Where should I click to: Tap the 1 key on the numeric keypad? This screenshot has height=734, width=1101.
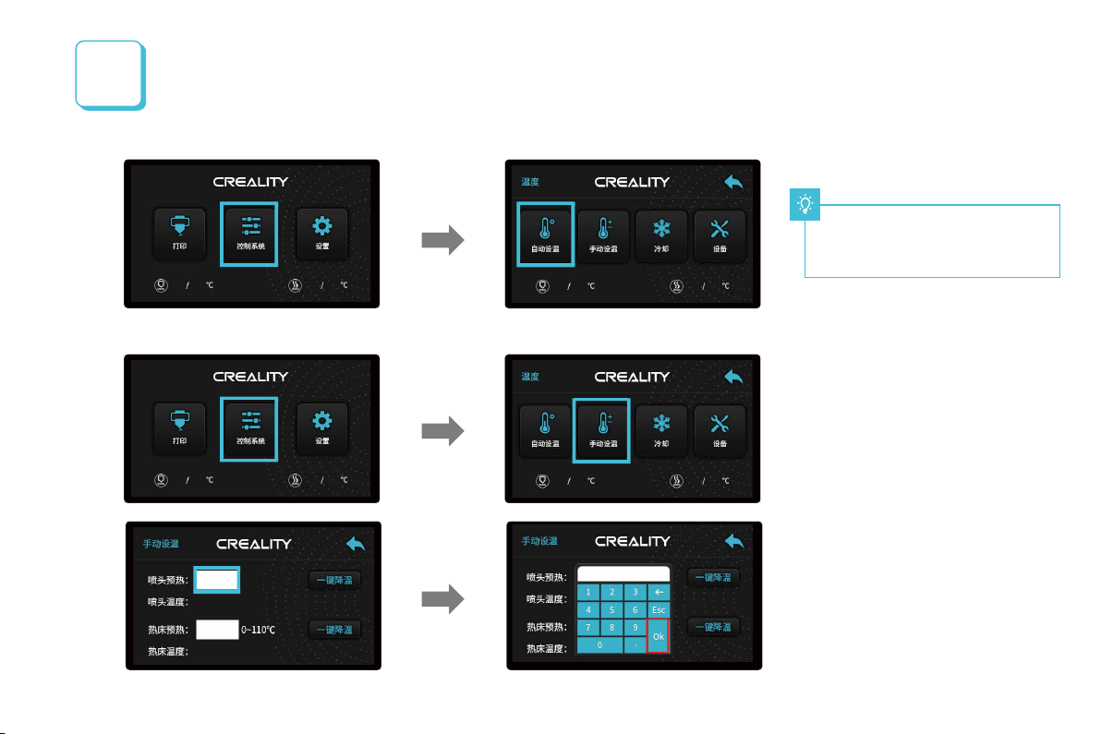click(588, 592)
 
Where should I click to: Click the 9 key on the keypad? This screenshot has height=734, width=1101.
click(635, 627)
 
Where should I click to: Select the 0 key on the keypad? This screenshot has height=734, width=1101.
click(599, 645)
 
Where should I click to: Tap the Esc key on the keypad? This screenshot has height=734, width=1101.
click(658, 609)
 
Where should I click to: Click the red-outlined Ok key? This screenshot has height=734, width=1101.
click(658, 636)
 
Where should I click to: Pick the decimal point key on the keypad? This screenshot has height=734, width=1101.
click(635, 645)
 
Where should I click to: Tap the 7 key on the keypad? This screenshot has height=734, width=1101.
click(588, 627)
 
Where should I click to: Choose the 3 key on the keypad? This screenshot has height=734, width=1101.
click(635, 592)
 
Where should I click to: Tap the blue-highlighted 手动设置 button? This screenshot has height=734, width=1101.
click(601, 428)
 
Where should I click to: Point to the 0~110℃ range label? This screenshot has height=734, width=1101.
click(259, 630)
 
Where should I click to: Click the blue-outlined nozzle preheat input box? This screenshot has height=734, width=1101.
click(217, 580)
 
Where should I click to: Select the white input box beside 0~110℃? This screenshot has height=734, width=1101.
click(217, 630)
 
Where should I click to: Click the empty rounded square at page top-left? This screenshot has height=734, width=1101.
click(108, 74)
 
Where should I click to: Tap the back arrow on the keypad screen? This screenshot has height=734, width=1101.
click(734, 541)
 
